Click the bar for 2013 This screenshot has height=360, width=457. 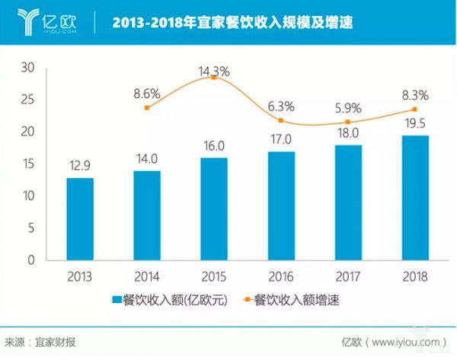80,219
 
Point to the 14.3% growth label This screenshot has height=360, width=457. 215,72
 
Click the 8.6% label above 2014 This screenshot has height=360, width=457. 147,94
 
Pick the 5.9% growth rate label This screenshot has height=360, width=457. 348,108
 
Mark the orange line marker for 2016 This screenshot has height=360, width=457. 281,120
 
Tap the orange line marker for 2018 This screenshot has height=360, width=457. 414,110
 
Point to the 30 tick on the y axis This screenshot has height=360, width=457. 29,68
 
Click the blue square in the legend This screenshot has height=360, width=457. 117,300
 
